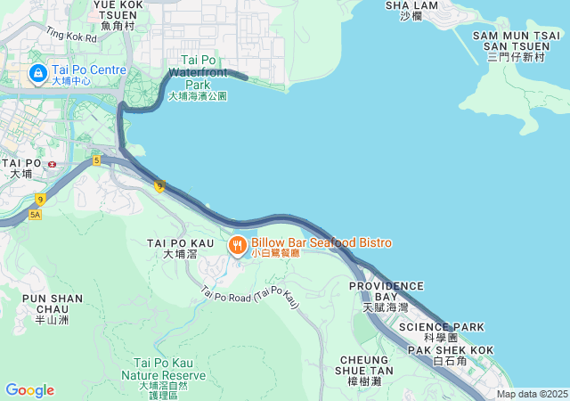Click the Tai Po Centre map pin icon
pos(38,71)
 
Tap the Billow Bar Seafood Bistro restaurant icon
pos(238,245)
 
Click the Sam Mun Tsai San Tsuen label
pos(516,45)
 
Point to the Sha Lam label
pos(411,9)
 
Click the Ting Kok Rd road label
pos(70,37)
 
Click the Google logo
pos(29,390)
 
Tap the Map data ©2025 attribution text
pos(532,394)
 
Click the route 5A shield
pos(36,215)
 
